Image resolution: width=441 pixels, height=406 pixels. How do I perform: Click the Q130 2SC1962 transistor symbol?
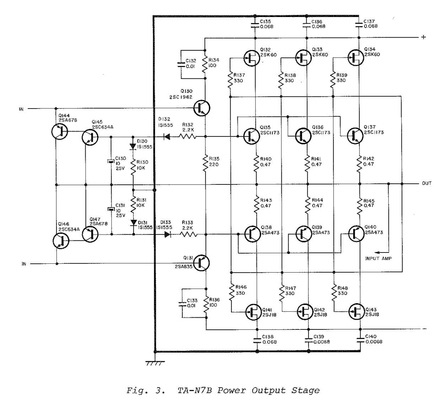(201, 108)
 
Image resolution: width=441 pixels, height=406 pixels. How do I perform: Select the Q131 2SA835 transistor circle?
(201, 263)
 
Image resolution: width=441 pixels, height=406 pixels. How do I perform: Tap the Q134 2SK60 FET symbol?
(356, 57)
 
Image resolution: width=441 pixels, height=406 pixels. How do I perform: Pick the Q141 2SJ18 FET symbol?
(254, 312)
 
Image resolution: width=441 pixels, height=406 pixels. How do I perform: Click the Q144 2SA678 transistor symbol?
(59, 132)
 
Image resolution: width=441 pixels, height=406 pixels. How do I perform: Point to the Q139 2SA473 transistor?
(304, 234)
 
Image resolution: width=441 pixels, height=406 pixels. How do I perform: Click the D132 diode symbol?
(167, 137)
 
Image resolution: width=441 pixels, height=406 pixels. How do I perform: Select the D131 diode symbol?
(134, 223)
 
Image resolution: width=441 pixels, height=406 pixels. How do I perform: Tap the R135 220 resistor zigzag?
(205, 163)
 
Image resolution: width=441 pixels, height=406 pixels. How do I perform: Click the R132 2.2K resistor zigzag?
(188, 137)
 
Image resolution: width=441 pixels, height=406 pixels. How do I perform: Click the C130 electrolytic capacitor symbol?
(111, 161)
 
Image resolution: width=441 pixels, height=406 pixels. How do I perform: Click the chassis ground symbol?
(155, 363)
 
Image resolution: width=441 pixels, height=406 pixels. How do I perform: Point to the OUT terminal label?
(427, 183)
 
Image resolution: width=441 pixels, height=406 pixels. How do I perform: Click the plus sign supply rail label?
(424, 37)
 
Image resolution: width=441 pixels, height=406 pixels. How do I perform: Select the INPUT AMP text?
(378, 258)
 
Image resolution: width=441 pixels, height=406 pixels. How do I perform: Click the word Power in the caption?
(232, 390)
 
